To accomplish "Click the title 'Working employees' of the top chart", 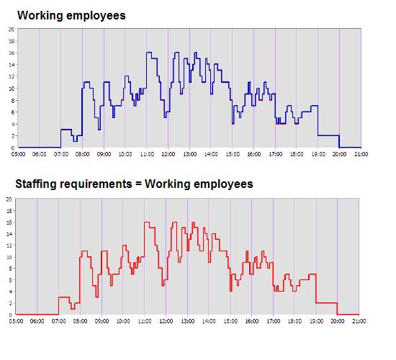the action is coord(71,16).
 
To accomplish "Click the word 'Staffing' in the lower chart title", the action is coord(36,184).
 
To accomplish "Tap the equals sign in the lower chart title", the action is coord(138,184).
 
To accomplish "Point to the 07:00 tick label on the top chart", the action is coord(61,154).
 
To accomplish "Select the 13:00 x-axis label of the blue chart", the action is coord(189,154).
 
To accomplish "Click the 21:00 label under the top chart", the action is coord(361,154).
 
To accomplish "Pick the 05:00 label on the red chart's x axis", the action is coord(16,321).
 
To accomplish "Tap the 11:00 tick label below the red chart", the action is coord(145,321).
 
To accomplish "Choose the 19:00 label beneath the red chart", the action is coord(316,321).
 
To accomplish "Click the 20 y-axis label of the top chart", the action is coord(12,30).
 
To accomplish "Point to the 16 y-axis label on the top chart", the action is coord(12,53).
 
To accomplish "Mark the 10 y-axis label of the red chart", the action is coord(9,257).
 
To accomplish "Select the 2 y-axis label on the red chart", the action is coord(10,303).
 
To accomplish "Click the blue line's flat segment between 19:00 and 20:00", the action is coord(328,135).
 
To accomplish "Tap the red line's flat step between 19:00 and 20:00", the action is coord(326,302).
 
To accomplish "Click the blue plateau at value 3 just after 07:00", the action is coord(66,130).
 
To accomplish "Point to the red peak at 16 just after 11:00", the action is coord(147,222).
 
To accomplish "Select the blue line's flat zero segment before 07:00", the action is coord(40,148).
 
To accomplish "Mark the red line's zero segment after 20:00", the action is coord(348,315).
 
